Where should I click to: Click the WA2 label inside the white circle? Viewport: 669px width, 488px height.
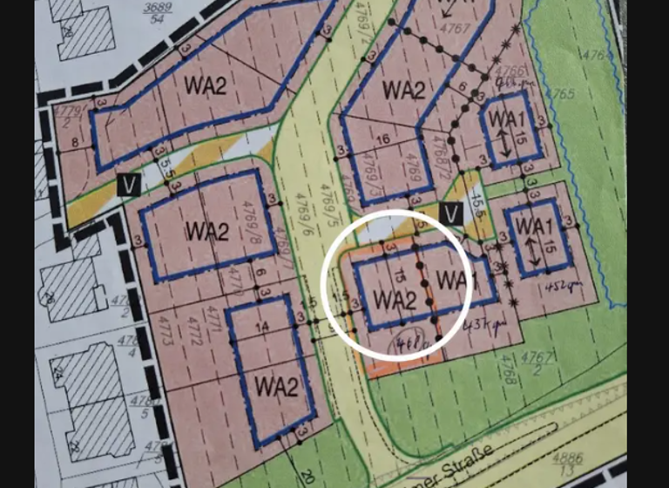point(393,299)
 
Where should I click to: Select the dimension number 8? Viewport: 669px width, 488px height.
point(75,144)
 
